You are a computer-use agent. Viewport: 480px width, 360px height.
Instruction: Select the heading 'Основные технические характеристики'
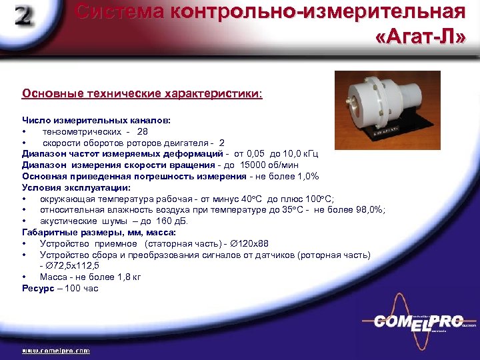142,94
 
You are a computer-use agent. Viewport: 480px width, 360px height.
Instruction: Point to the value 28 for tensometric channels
143,131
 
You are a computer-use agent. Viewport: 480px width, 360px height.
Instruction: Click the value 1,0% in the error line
307,176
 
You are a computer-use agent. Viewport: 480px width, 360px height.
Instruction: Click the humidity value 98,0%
368,210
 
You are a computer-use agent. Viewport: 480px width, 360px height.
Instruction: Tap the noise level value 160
165,221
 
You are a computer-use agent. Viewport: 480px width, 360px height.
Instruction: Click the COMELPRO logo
418,321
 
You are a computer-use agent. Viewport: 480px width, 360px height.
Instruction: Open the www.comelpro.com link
56,350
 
